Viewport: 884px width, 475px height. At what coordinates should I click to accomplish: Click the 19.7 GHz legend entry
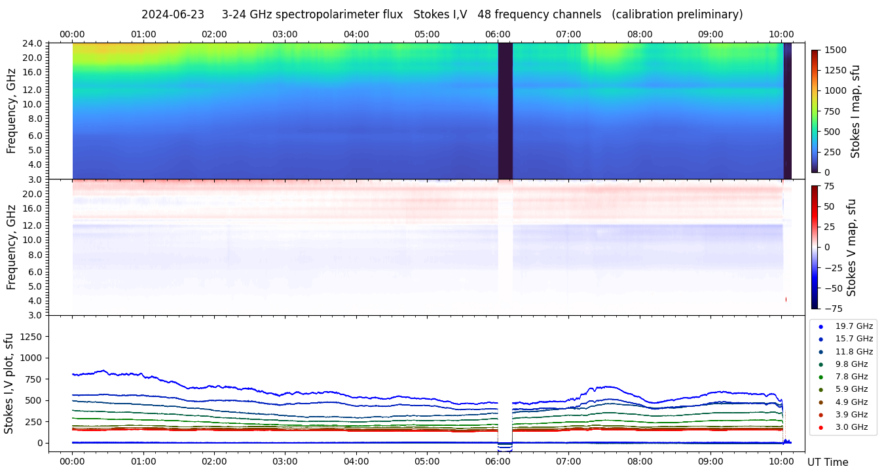[x=854, y=326]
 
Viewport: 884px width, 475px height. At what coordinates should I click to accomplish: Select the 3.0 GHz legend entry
[x=851, y=427]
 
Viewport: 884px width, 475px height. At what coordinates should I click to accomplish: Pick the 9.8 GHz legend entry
[x=851, y=364]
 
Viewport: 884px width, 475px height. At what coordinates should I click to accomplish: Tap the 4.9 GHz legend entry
[x=851, y=402]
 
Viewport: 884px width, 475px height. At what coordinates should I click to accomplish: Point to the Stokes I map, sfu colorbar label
[x=855, y=111]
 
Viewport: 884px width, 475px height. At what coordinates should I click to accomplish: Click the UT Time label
[x=828, y=462]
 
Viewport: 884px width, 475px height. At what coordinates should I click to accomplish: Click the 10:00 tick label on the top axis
[x=781, y=34]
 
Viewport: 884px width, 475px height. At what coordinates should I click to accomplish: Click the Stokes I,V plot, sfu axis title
[x=9, y=383]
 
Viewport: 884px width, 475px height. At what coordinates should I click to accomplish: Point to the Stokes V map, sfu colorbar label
[x=852, y=247]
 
